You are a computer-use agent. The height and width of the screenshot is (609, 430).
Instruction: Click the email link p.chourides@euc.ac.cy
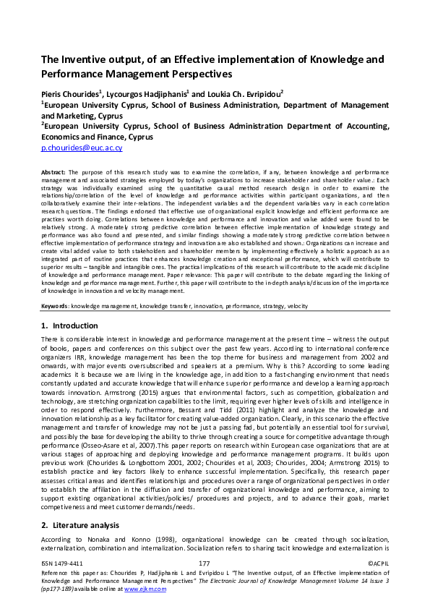pyautogui.click(x=82, y=148)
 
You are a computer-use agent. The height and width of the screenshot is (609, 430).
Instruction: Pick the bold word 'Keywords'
pyautogui.click(x=55, y=306)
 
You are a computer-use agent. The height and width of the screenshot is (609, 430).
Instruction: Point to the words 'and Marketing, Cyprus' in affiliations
pyautogui.click(x=82, y=115)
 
